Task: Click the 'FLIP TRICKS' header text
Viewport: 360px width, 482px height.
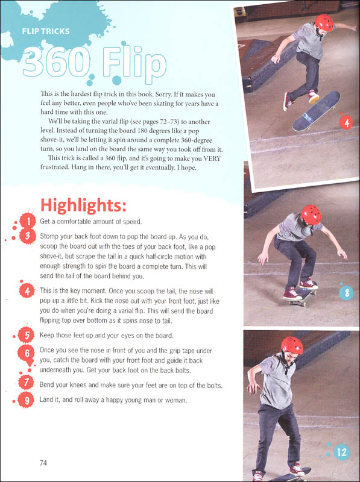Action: click(45, 32)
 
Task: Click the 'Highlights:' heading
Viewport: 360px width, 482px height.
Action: click(83, 205)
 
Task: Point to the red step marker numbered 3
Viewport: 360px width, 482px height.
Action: click(26, 237)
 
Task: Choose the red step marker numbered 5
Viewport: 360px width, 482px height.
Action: click(26, 334)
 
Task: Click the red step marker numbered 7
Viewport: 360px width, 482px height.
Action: click(26, 383)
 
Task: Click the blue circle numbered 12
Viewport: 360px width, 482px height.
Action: click(342, 451)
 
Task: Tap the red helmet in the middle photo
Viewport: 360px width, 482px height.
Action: click(311, 214)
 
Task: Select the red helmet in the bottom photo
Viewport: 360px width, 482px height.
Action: click(291, 346)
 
